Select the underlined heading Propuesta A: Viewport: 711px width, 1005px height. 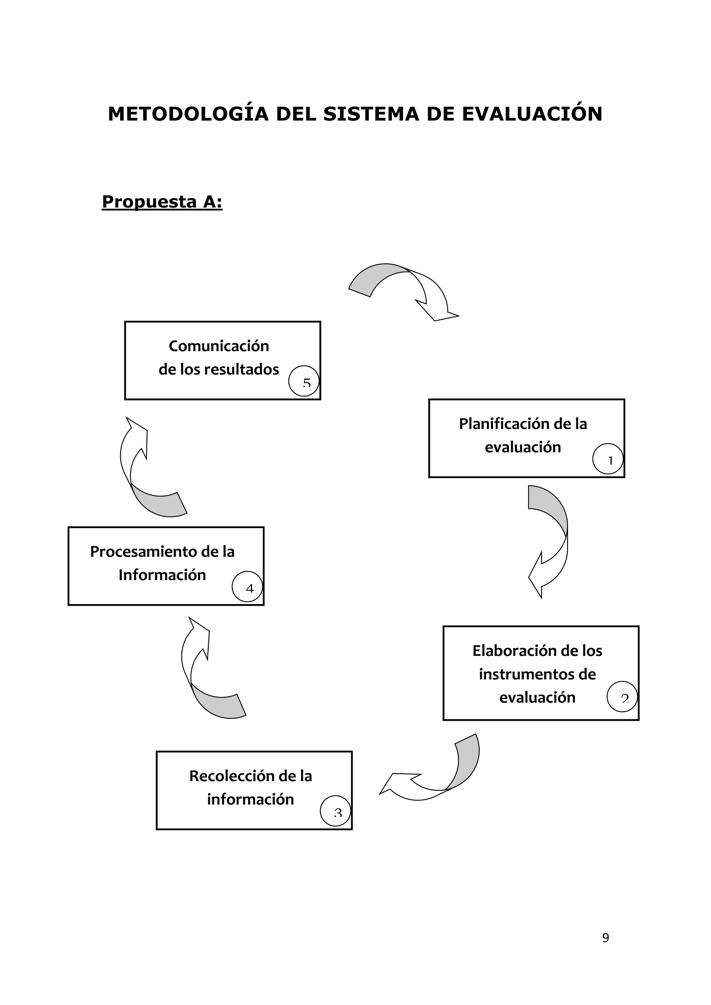pyautogui.click(x=162, y=202)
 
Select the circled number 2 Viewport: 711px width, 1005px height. pyautogui.click(x=622, y=697)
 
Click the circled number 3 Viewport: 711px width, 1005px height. pyautogui.click(x=335, y=811)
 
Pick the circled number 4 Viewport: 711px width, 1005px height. pyautogui.click(x=248, y=587)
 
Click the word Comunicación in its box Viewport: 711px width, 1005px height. pyautogui.click(x=219, y=346)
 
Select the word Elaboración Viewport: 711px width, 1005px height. pyautogui.click(x=508, y=651)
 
